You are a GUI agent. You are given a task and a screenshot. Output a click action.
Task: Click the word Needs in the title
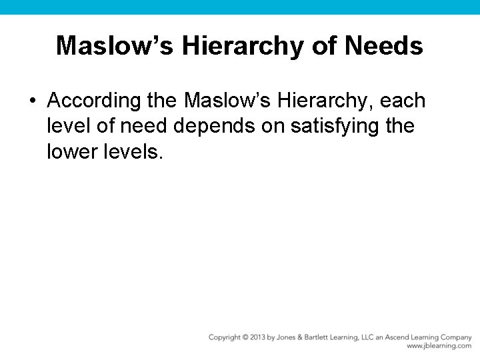pos(383,46)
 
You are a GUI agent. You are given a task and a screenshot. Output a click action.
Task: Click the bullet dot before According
pos(31,101)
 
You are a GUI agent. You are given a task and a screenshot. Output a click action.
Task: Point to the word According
pos(94,101)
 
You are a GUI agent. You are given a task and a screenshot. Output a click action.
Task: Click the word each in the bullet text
pos(403,101)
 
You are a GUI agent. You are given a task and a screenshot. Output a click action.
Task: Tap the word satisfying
pos(330,127)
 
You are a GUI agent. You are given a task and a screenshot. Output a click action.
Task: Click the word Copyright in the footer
pos(225,337)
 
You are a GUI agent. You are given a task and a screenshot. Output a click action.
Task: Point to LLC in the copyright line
pos(377,337)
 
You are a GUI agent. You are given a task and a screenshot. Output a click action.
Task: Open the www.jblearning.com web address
pos(439,346)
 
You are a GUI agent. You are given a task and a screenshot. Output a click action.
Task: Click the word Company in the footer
pos(456,337)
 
